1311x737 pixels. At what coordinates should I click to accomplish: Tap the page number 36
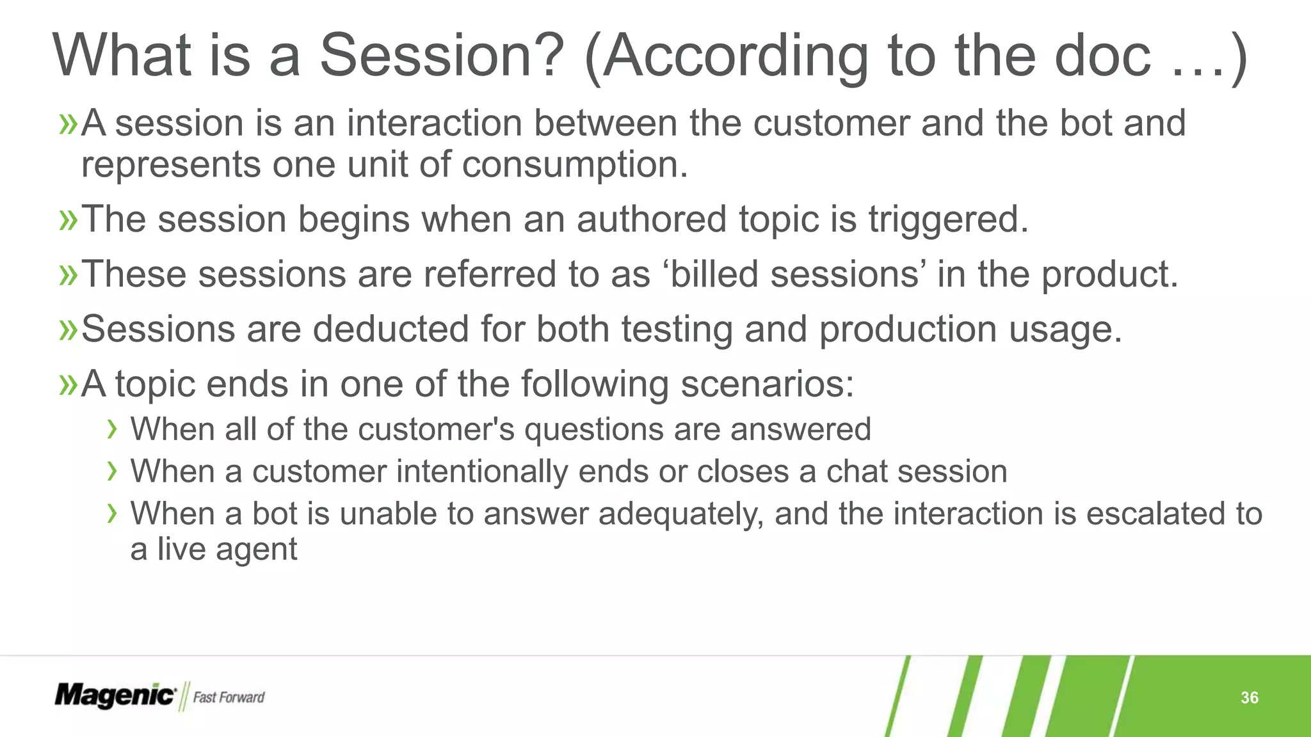tap(1249, 697)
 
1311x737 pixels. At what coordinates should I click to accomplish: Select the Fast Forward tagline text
tap(229, 697)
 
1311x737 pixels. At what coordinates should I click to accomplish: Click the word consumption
tap(574, 165)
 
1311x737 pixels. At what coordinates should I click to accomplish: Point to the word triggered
tap(948, 220)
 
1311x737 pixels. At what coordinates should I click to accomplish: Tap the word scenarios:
tap(767, 384)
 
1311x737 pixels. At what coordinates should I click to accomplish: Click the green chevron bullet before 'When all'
tap(112, 429)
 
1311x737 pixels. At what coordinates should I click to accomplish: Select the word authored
tap(651, 219)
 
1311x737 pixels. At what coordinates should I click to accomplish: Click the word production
tap(908, 329)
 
